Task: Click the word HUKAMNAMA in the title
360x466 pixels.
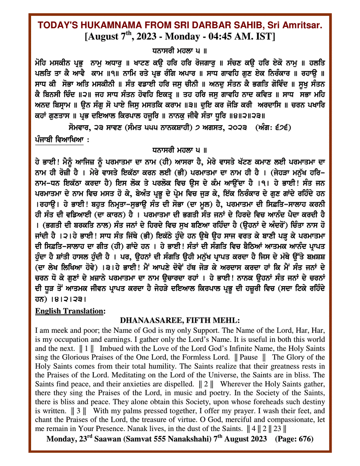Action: pyautogui.click(x=111, y=25)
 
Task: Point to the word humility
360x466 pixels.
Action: pyautogui.click(x=167, y=366)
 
